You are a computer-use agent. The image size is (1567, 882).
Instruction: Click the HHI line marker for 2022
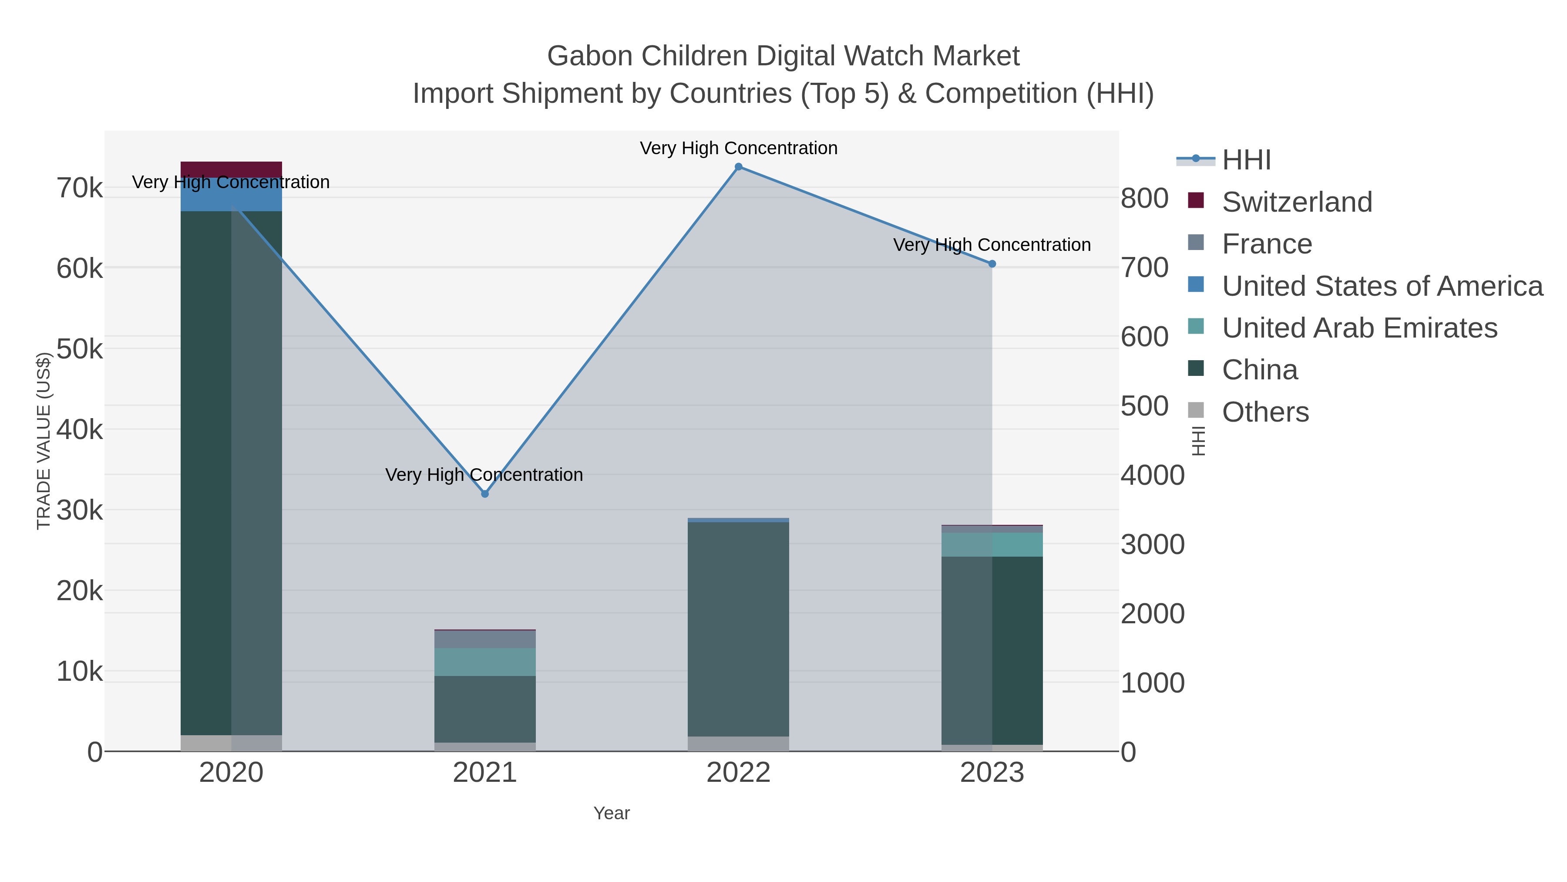(x=739, y=167)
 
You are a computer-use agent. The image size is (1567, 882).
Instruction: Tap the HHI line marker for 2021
(x=485, y=493)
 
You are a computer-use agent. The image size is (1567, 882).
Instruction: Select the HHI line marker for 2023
(x=992, y=264)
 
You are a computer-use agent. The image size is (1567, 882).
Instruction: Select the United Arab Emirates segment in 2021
(x=485, y=662)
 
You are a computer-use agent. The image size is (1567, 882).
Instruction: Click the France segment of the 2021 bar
(x=485, y=639)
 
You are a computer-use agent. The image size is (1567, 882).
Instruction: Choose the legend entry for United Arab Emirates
(x=1359, y=328)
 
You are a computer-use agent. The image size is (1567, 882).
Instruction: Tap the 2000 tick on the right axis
(x=1152, y=614)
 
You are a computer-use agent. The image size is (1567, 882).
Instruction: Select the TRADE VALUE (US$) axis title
(x=44, y=441)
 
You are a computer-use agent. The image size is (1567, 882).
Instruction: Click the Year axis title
(x=612, y=813)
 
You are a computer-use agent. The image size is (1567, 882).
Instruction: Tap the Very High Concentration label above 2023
(x=992, y=245)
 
